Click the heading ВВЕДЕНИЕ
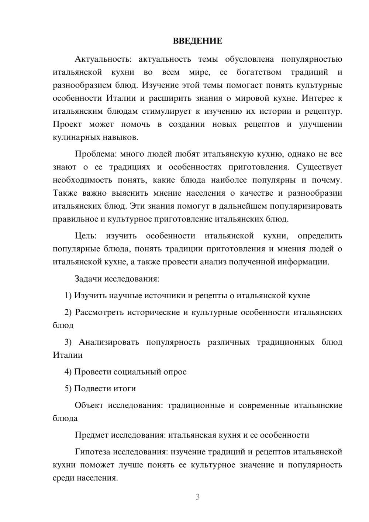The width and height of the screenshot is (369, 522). pyautogui.click(x=197, y=41)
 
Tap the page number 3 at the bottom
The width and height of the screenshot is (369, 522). pyautogui.click(x=197, y=497)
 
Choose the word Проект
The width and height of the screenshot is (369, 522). pyautogui.click(x=67, y=124)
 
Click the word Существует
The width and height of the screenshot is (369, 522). pyautogui.click(x=319, y=167)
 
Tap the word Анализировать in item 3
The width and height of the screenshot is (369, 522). pyautogui.click(x=109, y=342)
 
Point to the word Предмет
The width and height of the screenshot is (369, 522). pyautogui.click(x=92, y=435)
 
